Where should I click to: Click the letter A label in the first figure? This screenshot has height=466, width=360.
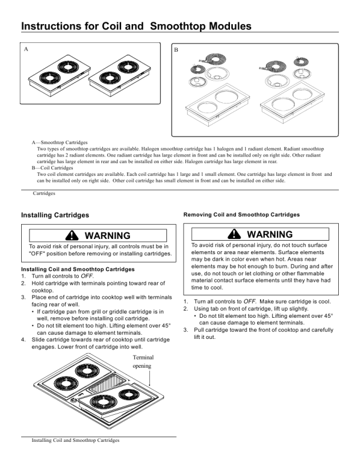point(26,49)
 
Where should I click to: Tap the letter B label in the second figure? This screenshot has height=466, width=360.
point(176,50)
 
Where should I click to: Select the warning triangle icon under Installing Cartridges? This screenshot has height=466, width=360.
point(72,235)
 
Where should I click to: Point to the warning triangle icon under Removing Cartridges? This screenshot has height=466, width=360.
point(234,234)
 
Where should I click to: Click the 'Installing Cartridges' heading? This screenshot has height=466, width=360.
point(55,215)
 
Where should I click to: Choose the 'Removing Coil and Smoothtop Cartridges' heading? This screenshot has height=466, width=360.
point(242,215)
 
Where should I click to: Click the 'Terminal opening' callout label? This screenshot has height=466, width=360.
point(143,361)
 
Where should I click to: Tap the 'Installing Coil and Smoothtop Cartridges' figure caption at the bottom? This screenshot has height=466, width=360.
point(75,440)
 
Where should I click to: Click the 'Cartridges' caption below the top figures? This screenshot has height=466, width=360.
point(44,193)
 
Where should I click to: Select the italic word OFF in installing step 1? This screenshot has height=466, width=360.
point(86,276)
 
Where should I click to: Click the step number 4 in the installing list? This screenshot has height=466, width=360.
point(23,339)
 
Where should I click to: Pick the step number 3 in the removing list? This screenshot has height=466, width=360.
point(186,330)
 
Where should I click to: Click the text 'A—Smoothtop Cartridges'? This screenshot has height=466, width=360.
point(59,142)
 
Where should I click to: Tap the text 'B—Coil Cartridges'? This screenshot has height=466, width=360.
point(52,168)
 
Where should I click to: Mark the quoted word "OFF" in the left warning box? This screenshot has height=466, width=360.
point(37,254)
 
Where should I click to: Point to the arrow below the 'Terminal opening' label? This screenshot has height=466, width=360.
point(149,378)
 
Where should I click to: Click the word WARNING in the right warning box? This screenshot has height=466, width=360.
point(269,234)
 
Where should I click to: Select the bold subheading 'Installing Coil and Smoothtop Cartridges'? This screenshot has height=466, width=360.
point(78,269)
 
